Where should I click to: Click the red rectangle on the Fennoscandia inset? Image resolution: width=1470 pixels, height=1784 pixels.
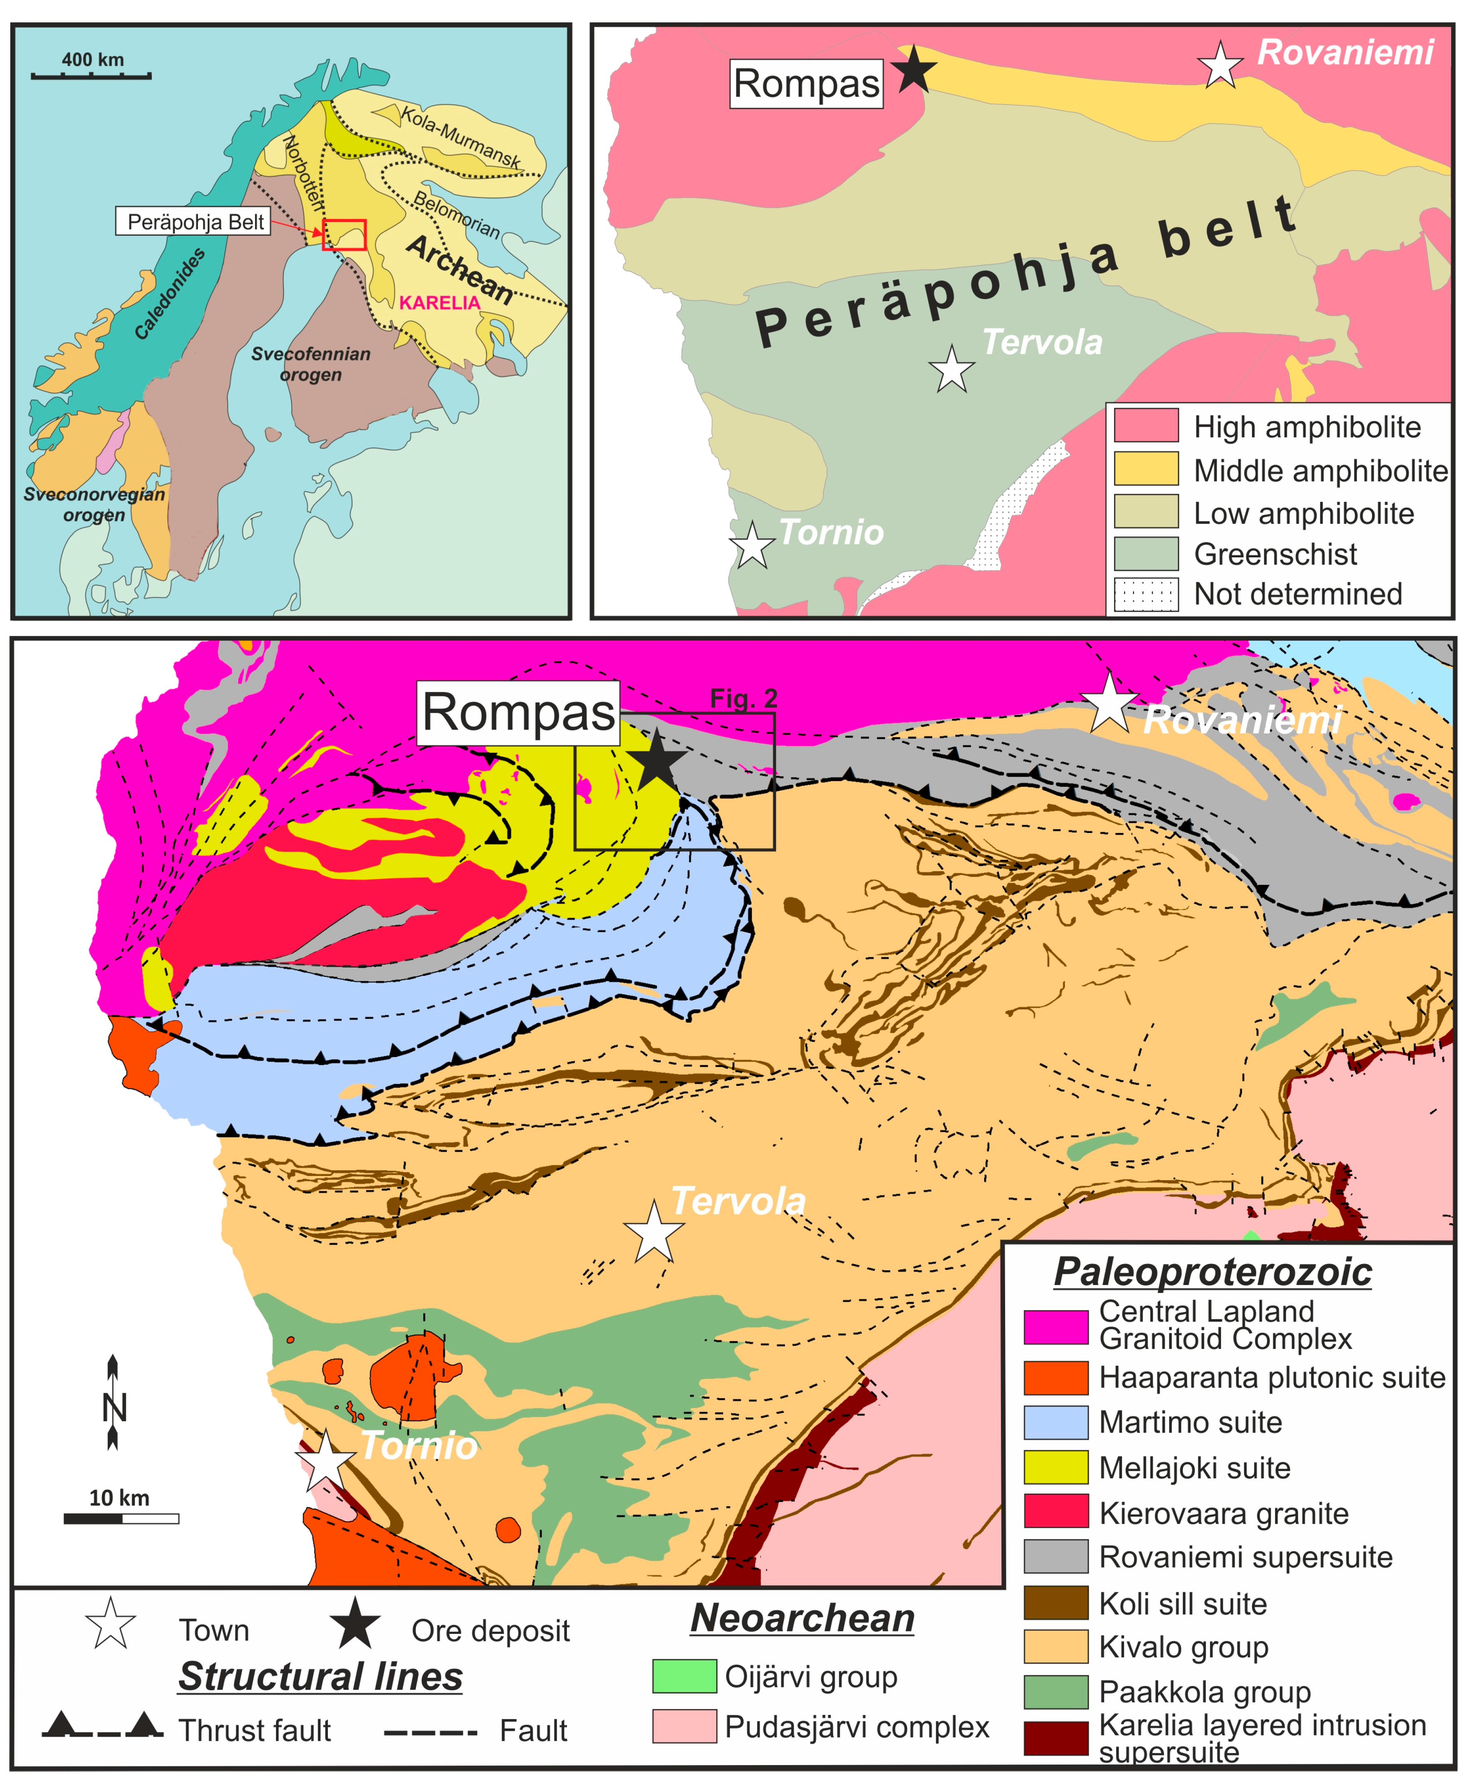(344, 234)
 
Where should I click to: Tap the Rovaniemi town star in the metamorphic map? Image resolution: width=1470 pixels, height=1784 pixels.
(1220, 65)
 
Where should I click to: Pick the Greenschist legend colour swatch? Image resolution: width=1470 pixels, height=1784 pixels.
(1146, 554)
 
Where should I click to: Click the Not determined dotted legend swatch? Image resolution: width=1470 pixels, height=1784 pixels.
(1146, 594)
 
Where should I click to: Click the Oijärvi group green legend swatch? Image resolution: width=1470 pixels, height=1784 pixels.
(684, 1676)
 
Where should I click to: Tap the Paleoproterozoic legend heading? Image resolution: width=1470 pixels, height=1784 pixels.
(1212, 1272)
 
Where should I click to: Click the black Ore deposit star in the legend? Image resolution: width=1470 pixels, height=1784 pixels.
(355, 1623)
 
